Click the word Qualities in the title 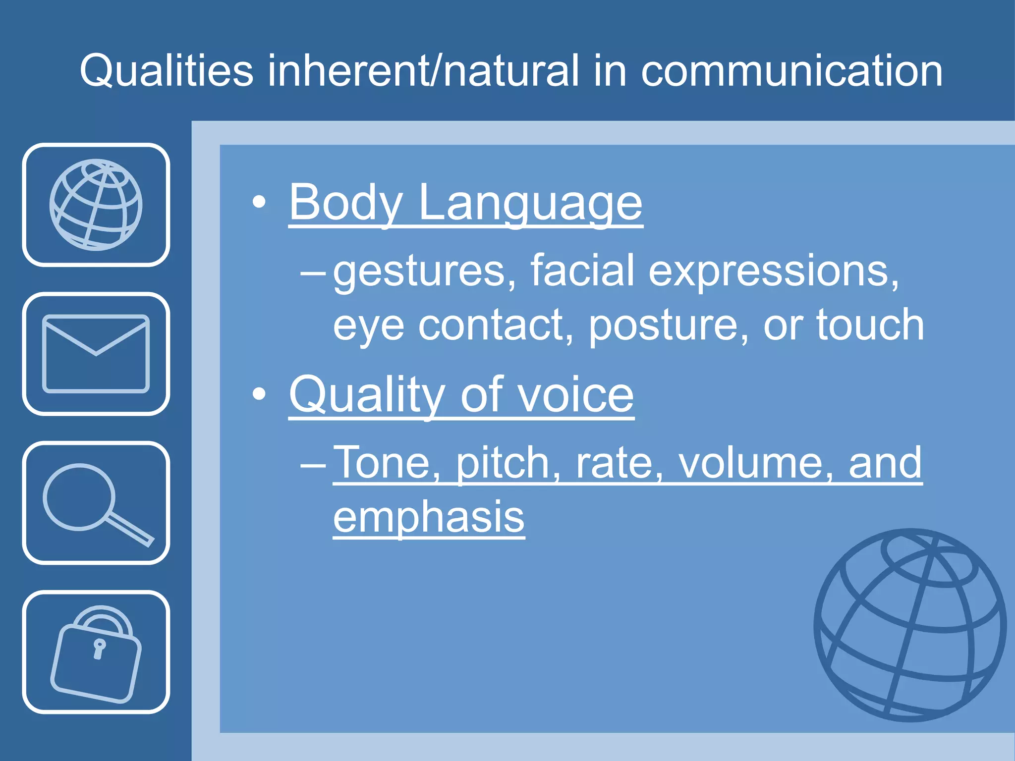[167, 71]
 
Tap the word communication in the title [791, 71]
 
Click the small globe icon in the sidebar [96, 205]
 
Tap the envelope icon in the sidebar [96, 354]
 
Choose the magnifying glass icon [96, 503]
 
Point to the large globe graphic [910, 625]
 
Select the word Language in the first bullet [530, 203]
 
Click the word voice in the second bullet [575, 395]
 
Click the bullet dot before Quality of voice [259, 394]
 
